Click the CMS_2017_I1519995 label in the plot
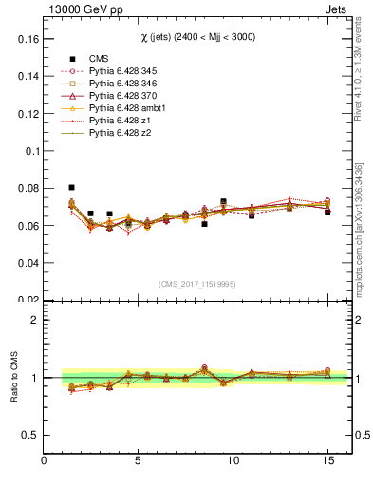(197, 284)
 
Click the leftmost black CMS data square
(71, 188)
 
